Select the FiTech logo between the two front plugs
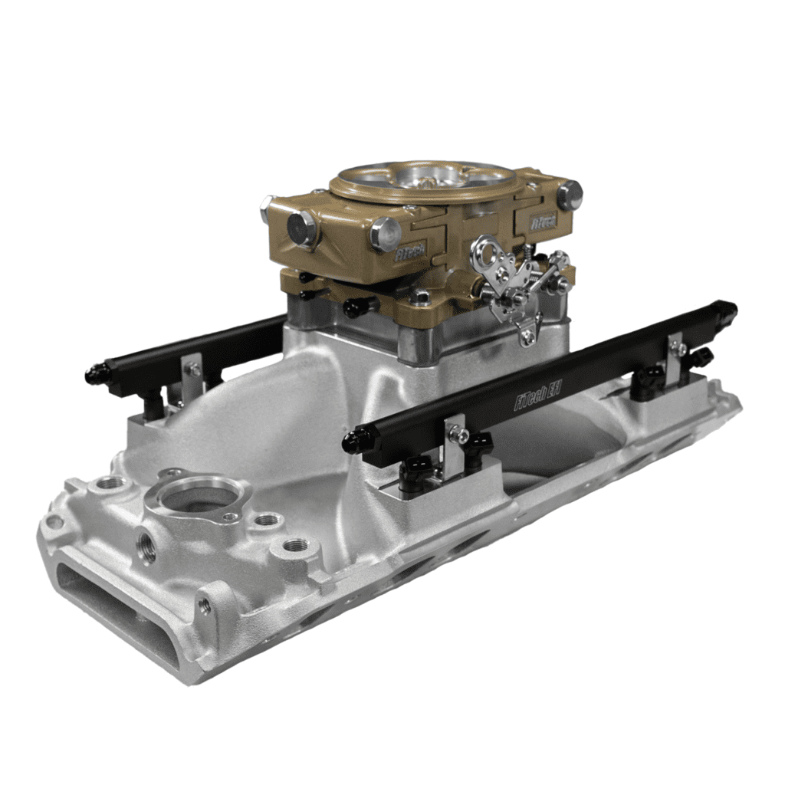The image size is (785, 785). (x=411, y=254)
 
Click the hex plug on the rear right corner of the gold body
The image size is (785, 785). (x=569, y=195)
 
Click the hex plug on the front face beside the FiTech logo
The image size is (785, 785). (x=385, y=233)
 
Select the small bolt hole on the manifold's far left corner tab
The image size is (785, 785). (x=54, y=521)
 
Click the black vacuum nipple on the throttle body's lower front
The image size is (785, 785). (x=359, y=307)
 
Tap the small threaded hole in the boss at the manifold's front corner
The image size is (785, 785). (x=205, y=605)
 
